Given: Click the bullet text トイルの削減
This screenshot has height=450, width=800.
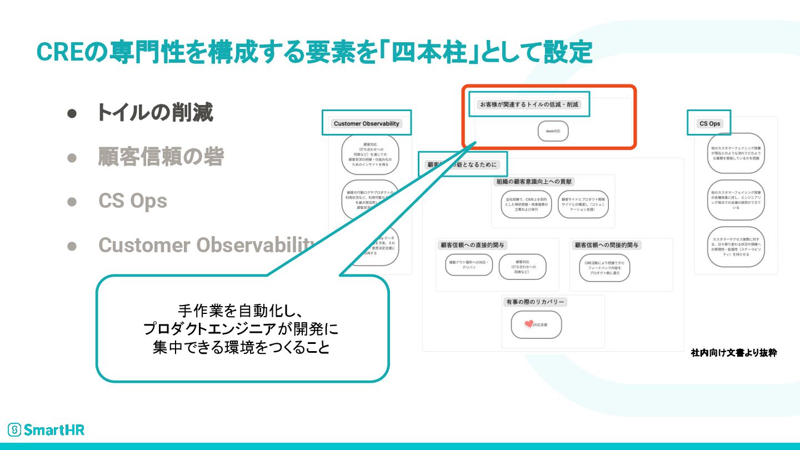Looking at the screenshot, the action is pos(155,113).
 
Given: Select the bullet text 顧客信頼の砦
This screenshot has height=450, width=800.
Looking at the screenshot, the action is pos(161,157).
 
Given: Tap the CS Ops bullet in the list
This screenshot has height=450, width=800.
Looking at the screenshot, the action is pos(133,201).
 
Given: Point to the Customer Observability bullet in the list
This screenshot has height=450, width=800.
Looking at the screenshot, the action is pos(206,245).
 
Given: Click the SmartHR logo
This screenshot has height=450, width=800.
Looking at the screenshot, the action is pos(46,429).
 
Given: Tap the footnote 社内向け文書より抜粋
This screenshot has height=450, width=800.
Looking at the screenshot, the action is pos(733,353).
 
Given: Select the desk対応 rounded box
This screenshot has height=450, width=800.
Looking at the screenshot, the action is pos(553,131).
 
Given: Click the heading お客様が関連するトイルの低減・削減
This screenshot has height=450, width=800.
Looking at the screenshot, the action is pos(529,104).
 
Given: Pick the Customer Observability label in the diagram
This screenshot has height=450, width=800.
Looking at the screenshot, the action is pos(366,123).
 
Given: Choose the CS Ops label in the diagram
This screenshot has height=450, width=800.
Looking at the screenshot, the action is pos(709,123).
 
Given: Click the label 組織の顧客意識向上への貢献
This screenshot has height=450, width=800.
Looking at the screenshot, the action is pos(534,182).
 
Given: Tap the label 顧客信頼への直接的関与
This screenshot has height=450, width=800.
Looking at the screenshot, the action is pos(473,245).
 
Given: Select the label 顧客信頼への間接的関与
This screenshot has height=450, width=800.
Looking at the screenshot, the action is pos(607,245).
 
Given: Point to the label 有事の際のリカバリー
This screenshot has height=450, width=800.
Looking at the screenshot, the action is pos(534,302).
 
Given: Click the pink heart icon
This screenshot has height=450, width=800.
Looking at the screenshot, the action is pos(528,323).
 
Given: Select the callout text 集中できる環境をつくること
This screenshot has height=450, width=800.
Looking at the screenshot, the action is pos(241,348).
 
